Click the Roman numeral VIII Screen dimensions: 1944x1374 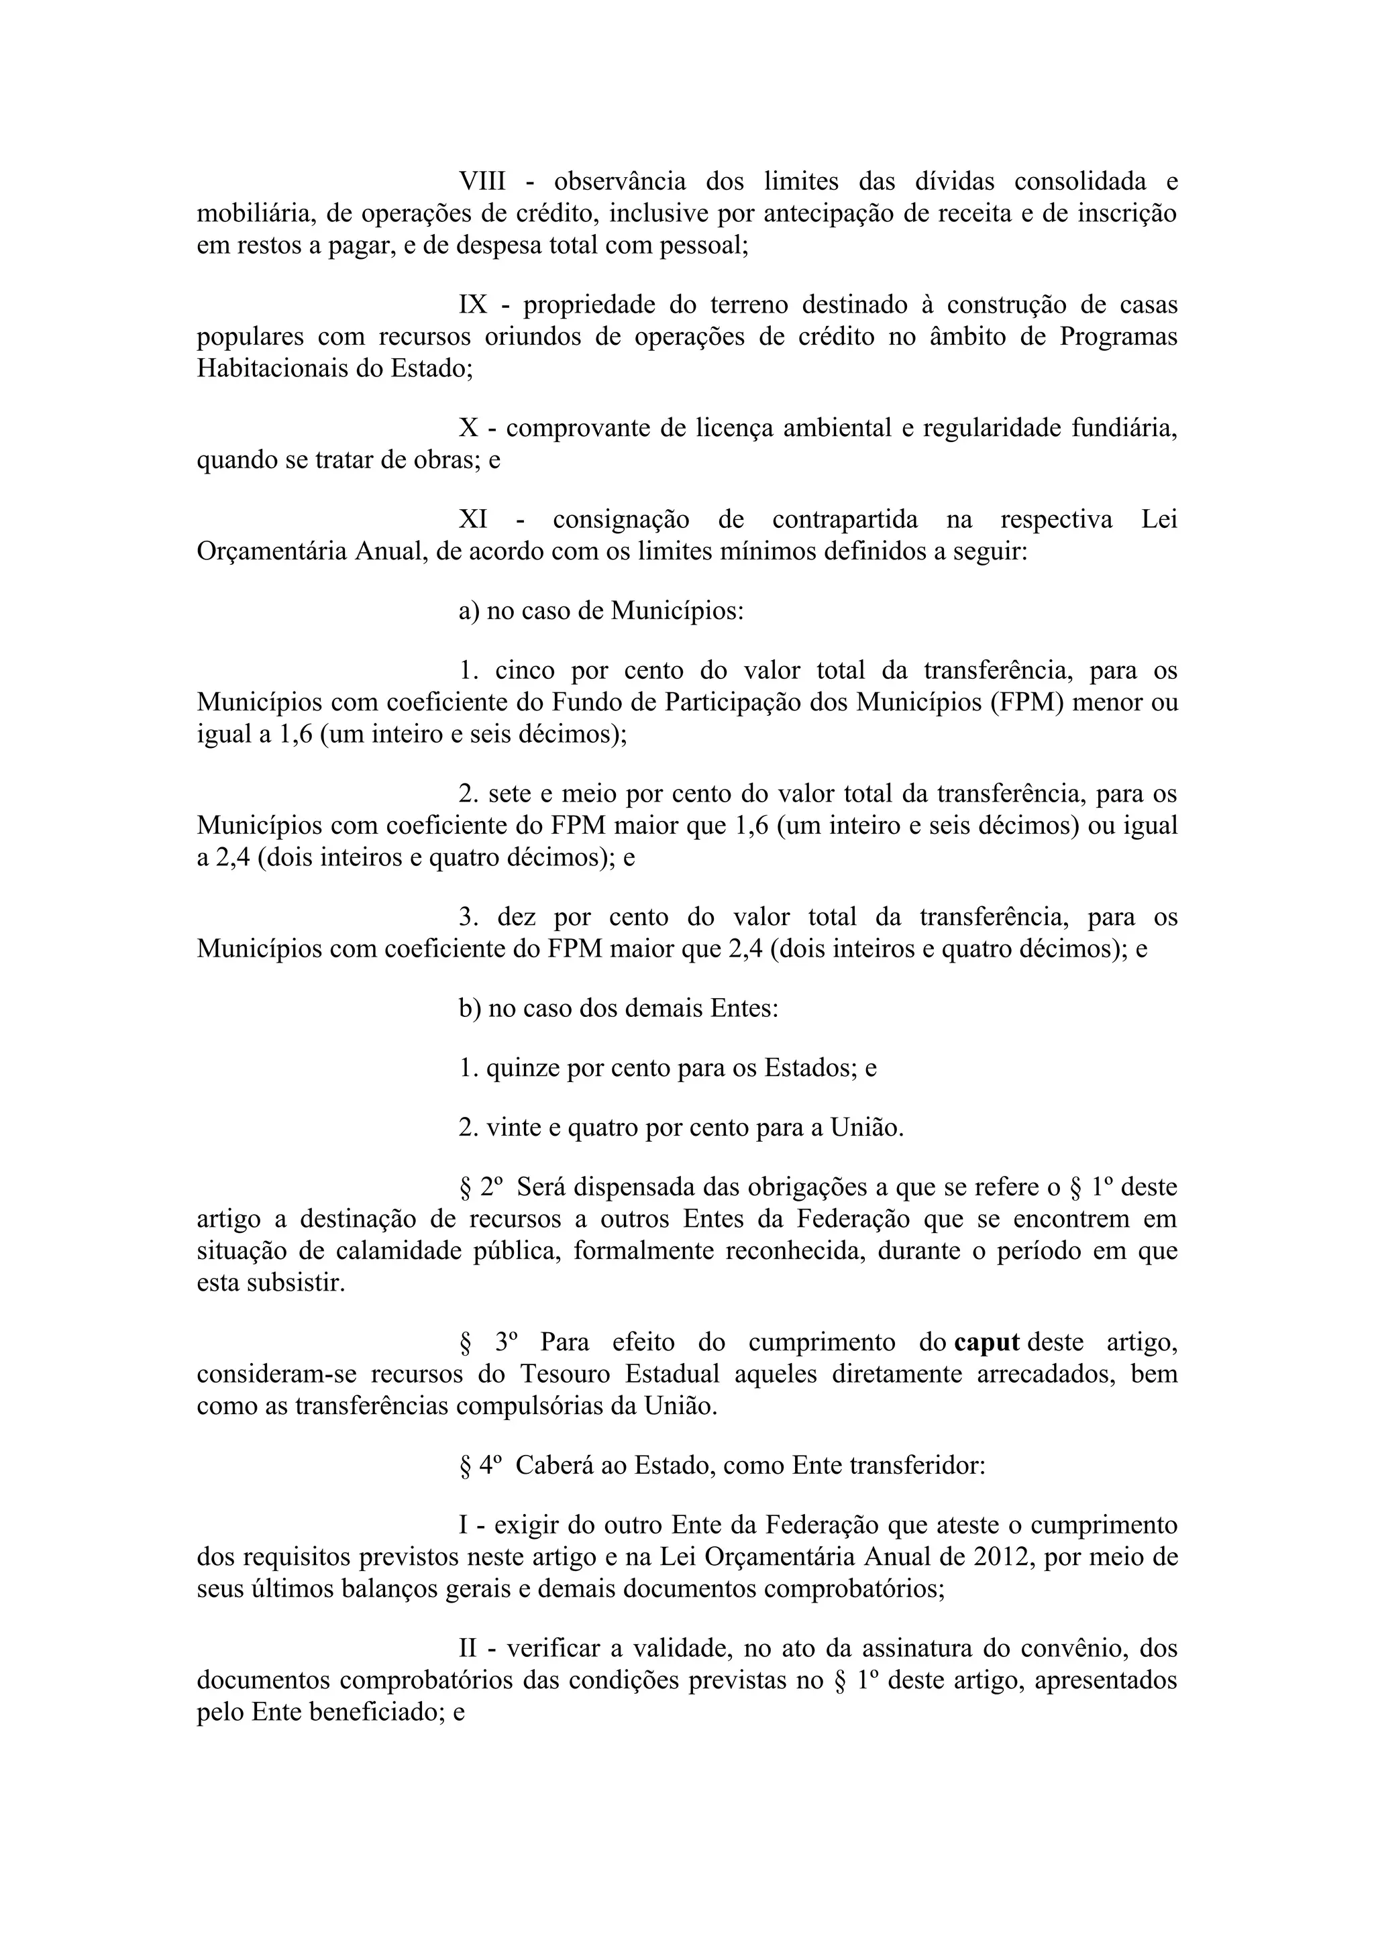click(482, 182)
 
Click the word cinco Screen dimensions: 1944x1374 click(523, 671)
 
